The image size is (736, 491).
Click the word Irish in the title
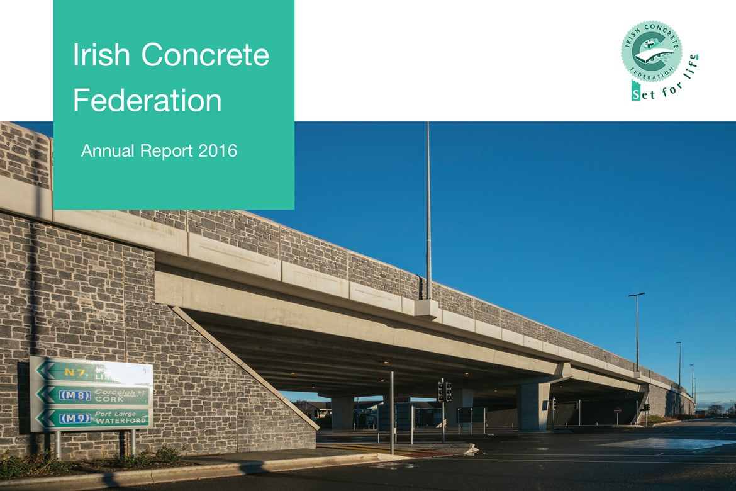click(x=102, y=55)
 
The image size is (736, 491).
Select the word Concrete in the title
click(x=205, y=55)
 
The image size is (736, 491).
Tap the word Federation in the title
click(x=147, y=101)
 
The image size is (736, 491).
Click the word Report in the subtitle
click(x=166, y=151)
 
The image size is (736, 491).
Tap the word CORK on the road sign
click(x=110, y=399)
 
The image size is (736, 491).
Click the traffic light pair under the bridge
click(x=444, y=392)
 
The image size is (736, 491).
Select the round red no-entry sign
click(x=617, y=410)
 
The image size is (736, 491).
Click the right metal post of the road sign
click(x=133, y=443)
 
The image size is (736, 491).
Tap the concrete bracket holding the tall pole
click(x=428, y=308)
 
